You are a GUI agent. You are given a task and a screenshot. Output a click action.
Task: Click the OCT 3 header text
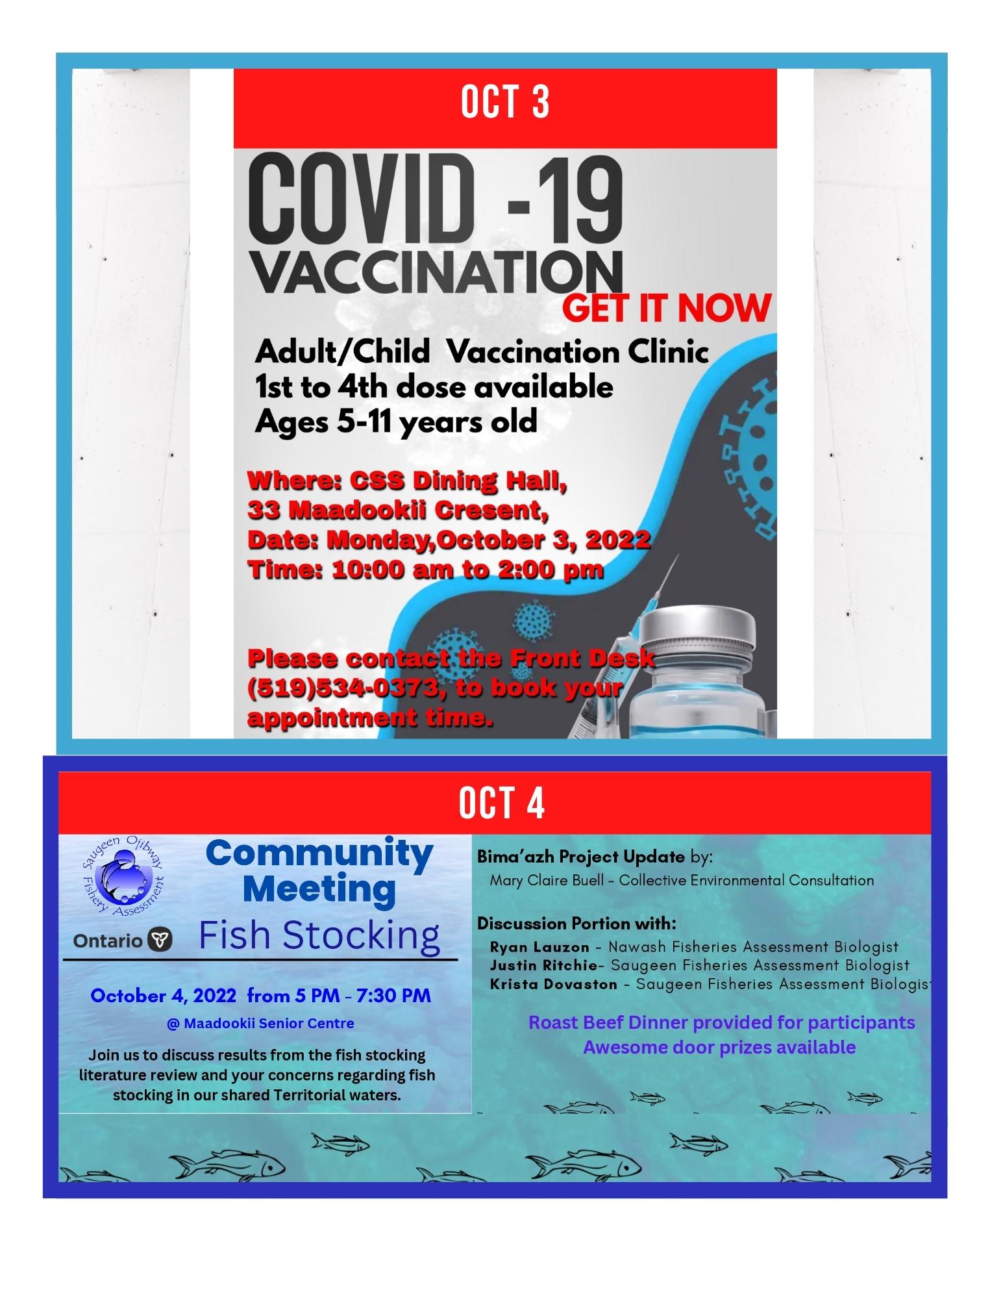point(504,102)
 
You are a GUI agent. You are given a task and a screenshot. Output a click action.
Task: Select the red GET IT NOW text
point(666,309)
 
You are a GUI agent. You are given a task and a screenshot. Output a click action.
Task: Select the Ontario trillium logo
point(160,940)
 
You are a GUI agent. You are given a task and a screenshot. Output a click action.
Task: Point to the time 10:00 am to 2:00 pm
point(467,570)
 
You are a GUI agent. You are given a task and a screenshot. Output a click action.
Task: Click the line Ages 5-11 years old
point(395,422)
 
